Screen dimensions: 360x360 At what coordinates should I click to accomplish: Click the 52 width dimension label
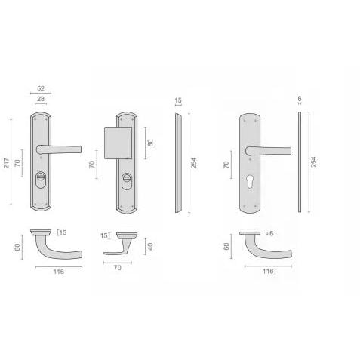pos(41,88)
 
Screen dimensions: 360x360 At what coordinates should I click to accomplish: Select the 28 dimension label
pos(41,99)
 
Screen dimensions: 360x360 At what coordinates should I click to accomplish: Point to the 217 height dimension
pos(6,163)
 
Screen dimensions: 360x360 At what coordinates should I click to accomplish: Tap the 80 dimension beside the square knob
pos(150,143)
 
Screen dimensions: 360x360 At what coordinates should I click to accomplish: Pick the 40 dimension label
pos(150,246)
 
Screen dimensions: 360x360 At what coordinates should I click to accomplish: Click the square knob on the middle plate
pos(118,143)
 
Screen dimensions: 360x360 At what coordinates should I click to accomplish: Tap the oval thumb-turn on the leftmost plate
pos(41,180)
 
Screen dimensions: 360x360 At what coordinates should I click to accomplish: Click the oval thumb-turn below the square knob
pos(127,181)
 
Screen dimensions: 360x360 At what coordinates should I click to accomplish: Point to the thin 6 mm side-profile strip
pos(300,162)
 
